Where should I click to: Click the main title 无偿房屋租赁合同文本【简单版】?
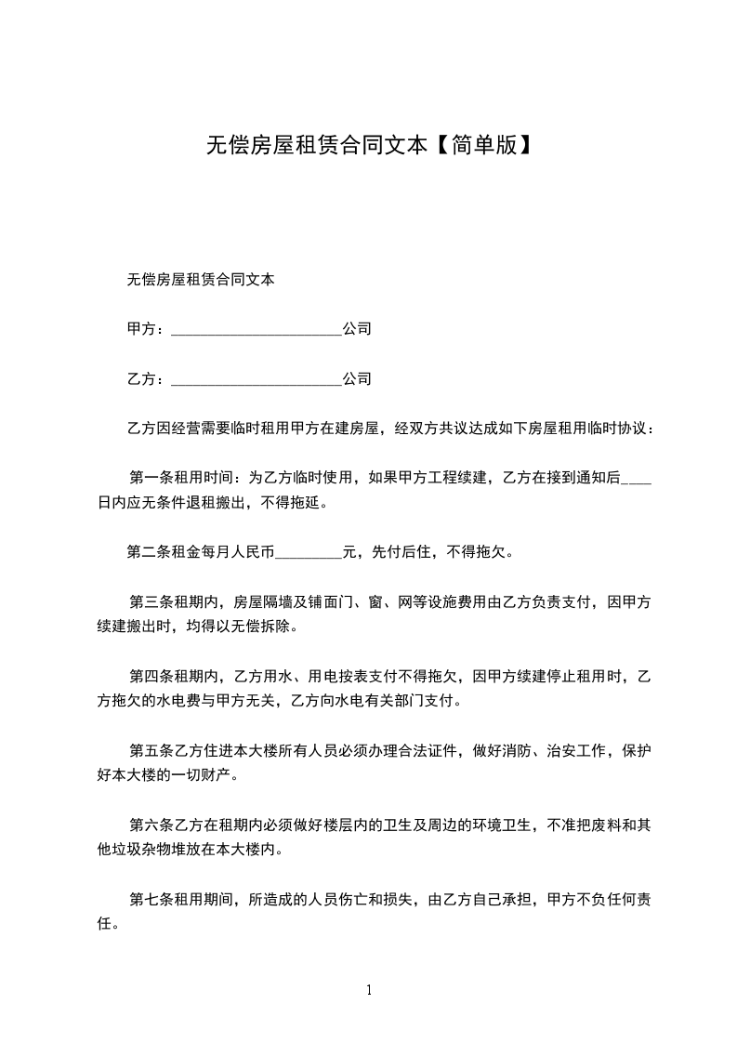(368, 145)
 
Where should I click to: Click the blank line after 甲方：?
(257, 331)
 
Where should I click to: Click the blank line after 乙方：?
(257, 381)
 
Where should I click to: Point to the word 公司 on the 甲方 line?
(357, 329)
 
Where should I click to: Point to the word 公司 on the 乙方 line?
(357, 379)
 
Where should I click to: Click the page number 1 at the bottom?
(369, 990)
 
